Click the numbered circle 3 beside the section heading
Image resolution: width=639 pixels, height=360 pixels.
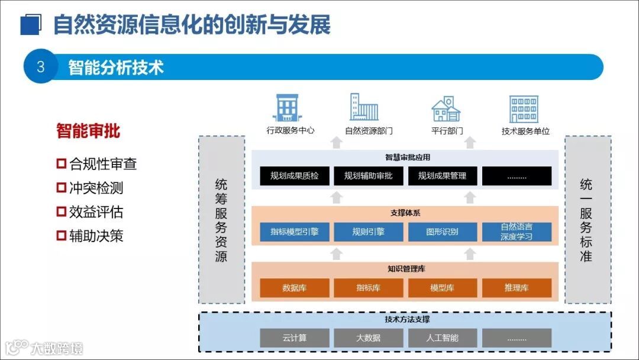tap(40, 66)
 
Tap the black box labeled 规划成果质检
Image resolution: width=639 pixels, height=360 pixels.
tap(294, 176)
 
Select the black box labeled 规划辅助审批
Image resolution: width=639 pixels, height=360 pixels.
tap(368, 176)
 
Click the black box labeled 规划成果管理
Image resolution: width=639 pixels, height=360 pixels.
tap(442, 176)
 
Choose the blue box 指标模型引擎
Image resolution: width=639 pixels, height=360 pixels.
tap(294, 232)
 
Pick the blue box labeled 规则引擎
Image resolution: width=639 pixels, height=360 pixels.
tap(368, 232)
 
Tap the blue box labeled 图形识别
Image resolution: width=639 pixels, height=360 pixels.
tap(442, 232)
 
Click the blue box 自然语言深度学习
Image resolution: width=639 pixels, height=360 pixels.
tap(517, 232)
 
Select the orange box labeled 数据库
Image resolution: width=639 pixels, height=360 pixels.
tap(294, 288)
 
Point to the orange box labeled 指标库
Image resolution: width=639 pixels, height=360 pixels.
tap(368, 288)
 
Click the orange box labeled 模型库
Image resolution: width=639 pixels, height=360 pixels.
tap(442, 288)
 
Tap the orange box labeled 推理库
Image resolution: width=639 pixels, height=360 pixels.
tap(517, 288)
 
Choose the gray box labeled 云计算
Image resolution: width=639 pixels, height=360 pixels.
tap(294, 338)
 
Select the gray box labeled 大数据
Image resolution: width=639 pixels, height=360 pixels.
tap(368, 338)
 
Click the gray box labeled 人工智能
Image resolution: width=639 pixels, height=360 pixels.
tap(442, 338)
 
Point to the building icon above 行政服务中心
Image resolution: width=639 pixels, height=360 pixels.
tap(287, 108)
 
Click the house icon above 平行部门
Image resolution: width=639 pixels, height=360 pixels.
tap(446, 109)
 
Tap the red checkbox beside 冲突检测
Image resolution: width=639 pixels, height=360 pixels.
tap(61, 188)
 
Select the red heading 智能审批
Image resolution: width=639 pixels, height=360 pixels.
tap(88, 131)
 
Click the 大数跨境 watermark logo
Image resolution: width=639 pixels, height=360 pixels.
tap(44, 347)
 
